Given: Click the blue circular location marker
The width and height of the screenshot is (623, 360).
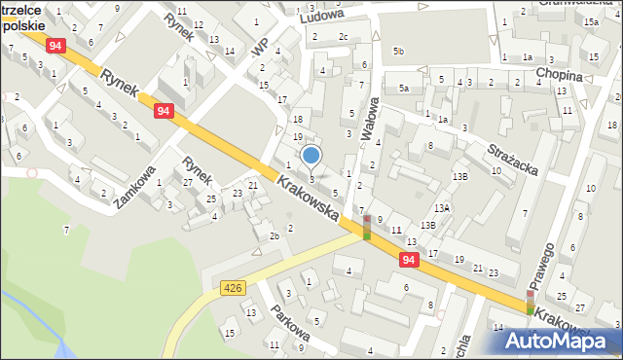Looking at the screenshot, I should pos(311,155).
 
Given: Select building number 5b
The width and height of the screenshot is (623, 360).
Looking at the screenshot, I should pos(398,51).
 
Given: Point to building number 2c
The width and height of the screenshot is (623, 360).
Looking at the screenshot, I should pos(343,37).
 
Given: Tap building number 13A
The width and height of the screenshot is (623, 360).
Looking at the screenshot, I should pos(442,208).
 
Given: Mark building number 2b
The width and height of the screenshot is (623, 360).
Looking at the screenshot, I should pos(275,236).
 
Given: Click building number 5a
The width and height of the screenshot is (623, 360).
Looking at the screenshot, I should pos(403,89).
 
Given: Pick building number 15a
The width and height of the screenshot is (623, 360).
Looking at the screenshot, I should pos(591,21).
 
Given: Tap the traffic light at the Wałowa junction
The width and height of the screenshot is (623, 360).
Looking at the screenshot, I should pos(366,228).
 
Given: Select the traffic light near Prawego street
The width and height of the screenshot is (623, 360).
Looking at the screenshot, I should pos(530,302).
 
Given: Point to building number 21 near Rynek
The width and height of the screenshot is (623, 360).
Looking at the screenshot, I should pos(253,185).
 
